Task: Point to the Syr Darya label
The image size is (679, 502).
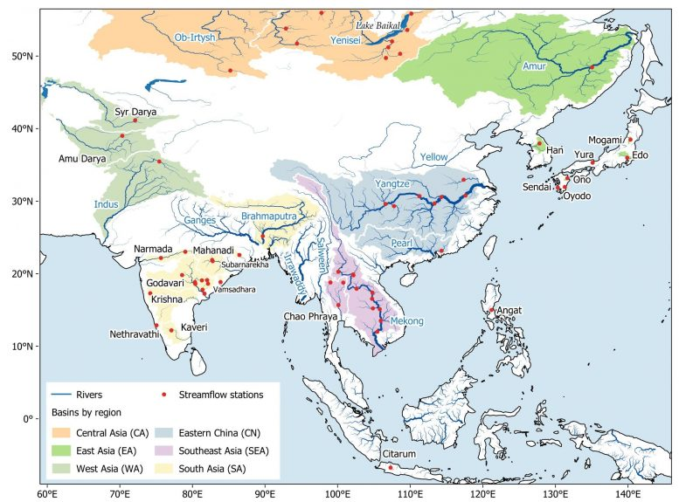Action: pyautogui.click(x=135, y=112)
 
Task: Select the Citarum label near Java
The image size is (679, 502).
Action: pyautogui.click(x=401, y=455)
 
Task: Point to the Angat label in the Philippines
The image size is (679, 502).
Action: pyautogui.click(x=509, y=310)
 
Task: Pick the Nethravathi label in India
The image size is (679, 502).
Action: pyautogui.click(x=133, y=334)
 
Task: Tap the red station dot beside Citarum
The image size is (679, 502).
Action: pyautogui.click(x=390, y=468)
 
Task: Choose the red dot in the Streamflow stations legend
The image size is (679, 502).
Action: pyautogui.click(x=163, y=395)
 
